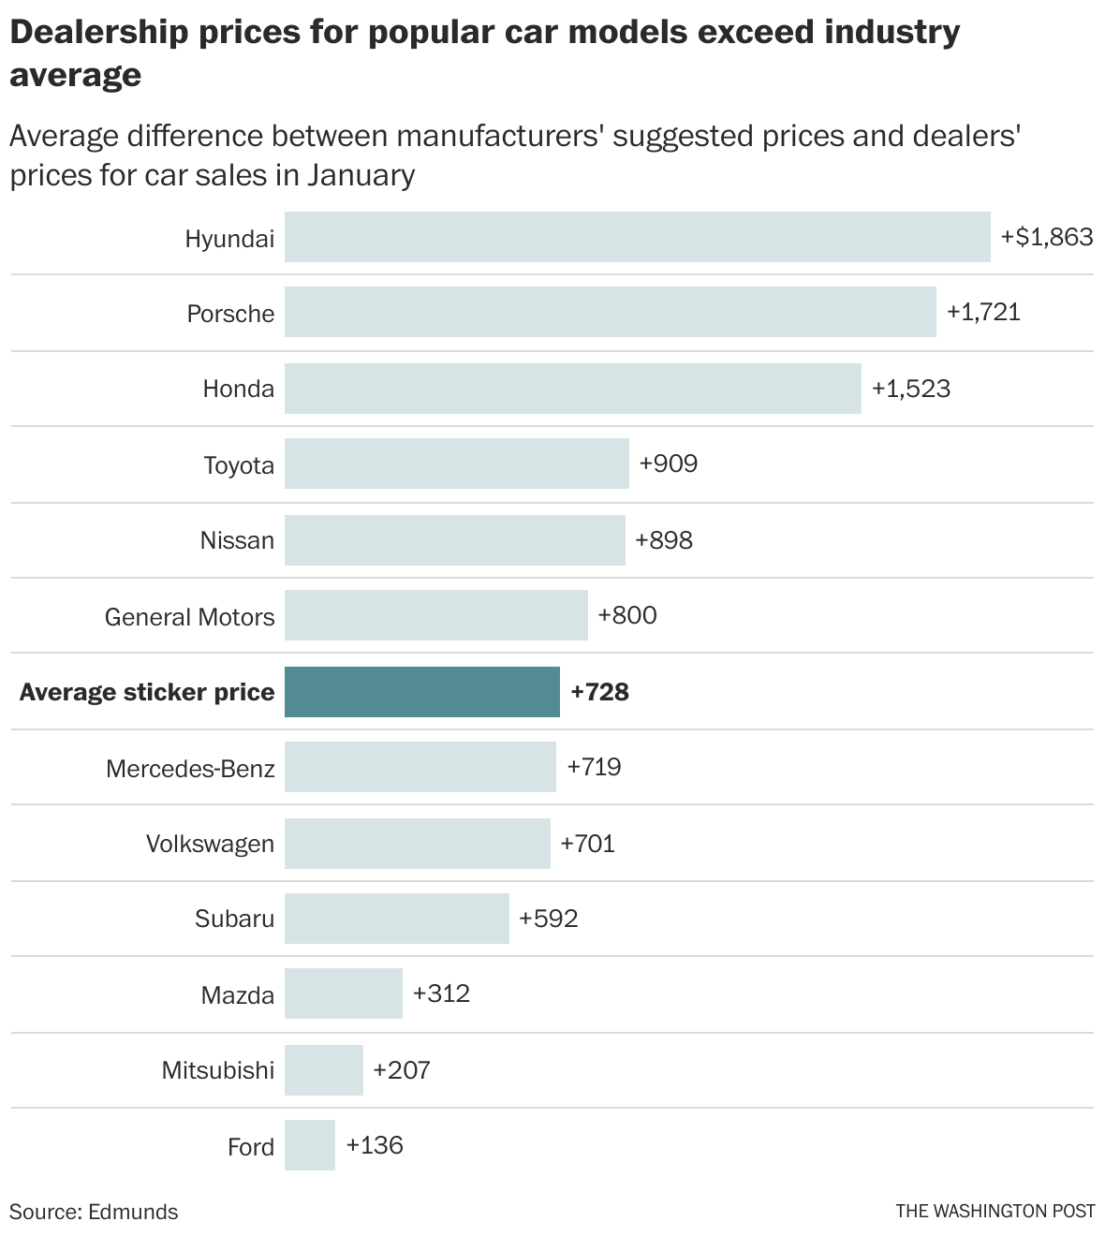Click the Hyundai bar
[637, 237]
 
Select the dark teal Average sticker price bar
[421, 692]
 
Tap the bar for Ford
[310, 1145]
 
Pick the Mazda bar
[343, 993]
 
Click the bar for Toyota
[456, 463]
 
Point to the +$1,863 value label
[1047, 237]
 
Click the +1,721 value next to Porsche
[983, 312]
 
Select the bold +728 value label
[599, 692]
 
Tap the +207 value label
[402, 1069]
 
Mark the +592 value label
[549, 918]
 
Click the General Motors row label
[189, 617]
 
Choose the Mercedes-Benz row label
[190, 769]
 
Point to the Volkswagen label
[210, 844]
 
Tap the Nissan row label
[237, 540]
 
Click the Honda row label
[238, 389]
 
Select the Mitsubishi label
[217, 1069]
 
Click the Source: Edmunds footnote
[94, 1212]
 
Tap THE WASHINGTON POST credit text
[994, 1211]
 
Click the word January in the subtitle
[361, 175]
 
